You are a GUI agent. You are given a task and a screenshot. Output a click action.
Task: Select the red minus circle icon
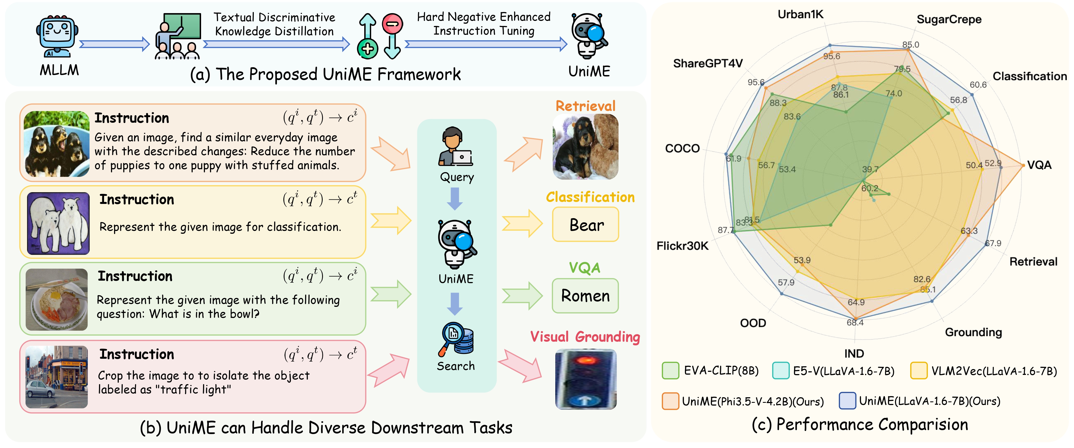(392, 23)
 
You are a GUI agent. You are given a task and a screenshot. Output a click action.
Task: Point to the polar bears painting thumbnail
(58, 223)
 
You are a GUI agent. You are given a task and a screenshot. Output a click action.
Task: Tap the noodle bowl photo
(57, 300)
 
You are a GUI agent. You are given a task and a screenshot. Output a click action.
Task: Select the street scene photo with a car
(57, 377)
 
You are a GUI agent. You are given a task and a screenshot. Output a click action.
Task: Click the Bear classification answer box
(585, 225)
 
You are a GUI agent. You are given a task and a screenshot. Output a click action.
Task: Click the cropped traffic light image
(585, 379)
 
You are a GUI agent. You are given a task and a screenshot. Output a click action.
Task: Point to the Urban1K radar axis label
(800, 15)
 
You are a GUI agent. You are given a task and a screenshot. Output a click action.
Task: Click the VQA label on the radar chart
(1039, 165)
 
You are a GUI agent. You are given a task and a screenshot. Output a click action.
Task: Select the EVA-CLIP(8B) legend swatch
(670, 370)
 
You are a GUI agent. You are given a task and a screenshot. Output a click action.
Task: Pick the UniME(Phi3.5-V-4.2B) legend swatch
(670, 401)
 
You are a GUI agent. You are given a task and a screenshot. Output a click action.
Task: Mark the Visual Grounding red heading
(585, 337)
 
